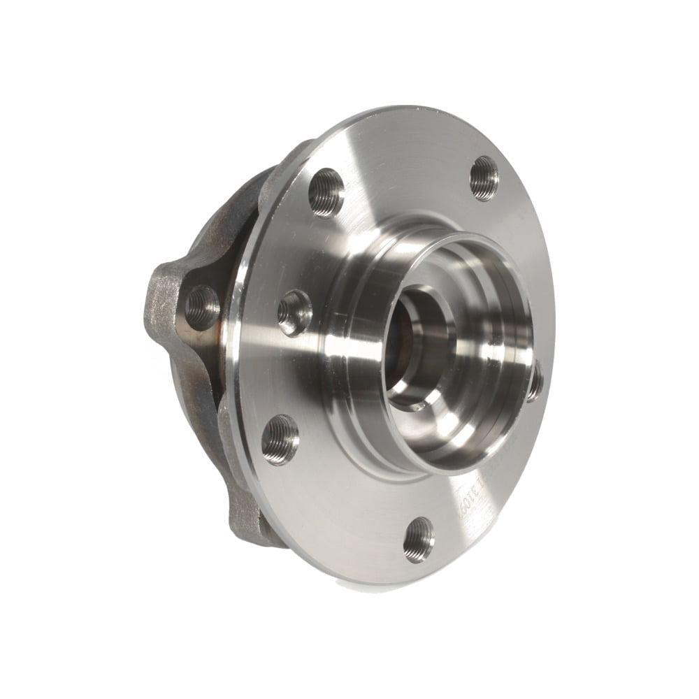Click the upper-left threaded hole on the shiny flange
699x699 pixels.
pyautogui.click(x=326, y=192)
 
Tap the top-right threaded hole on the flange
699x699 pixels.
pyautogui.click(x=484, y=178)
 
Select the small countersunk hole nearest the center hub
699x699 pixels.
pyautogui.click(x=294, y=313)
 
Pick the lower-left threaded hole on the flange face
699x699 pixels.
pyautogui.click(x=280, y=439)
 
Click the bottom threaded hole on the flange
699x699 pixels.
pyautogui.click(x=419, y=539)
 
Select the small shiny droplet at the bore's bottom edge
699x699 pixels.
pyautogui.click(x=417, y=406)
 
